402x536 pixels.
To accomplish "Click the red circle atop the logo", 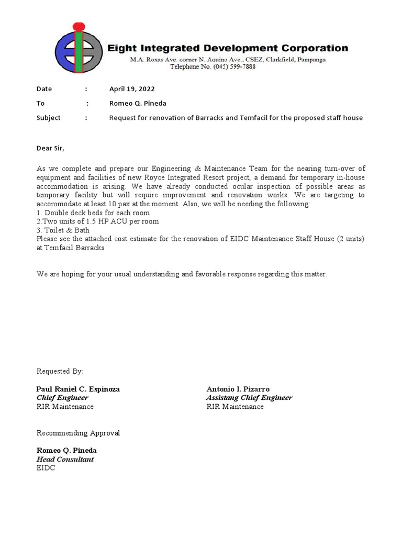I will click(x=79, y=26).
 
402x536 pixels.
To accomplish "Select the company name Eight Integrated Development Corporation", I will click(x=227, y=48).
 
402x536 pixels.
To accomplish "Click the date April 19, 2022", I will click(x=131, y=89).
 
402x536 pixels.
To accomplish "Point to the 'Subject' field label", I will click(x=48, y=118).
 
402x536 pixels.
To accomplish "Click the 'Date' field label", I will click(x=44, y=89).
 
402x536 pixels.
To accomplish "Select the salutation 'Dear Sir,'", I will click(x=50, y=148).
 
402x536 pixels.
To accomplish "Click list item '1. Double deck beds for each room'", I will click(x=93, y=213).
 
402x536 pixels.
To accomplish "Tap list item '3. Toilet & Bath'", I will click(x=63, y=230).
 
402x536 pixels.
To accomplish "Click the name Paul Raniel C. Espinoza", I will click(x=78, y=389).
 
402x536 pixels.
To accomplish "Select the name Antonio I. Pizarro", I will click(x=238, y=389).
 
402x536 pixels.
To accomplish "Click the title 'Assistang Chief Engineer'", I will click(x=249, y=398).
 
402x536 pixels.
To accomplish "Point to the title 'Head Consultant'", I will click(x=65, y=460).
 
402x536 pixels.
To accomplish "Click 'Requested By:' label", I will click(x=60, y=372).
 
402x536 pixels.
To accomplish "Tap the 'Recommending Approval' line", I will click(x=78, y=433).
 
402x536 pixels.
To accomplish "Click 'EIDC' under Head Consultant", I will click(x=46, y=468).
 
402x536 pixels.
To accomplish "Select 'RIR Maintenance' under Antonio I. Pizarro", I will click(x=235, y=407).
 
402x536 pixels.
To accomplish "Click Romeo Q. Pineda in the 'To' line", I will click(x=137, y=104).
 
